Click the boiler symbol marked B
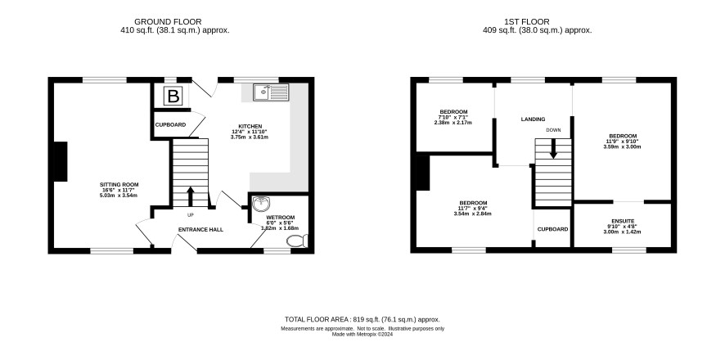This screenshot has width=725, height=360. coord(173,97)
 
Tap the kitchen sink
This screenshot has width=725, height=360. coord(271,92)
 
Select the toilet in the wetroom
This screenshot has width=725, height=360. coord(297,241)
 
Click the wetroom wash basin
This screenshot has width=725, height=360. coord(262,204)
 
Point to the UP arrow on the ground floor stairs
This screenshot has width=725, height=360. coord(190,196)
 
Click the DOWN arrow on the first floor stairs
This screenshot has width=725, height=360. coord(553,149)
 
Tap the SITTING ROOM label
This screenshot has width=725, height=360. coord(120,184)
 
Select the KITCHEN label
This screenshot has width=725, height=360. coord(250,126)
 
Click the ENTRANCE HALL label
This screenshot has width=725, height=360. coord(200,229)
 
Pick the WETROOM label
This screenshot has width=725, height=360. coord(281,217)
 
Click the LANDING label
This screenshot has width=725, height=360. coord(534,119)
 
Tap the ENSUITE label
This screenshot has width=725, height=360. coord(623,221)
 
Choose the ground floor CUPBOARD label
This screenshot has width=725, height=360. coord(171,125)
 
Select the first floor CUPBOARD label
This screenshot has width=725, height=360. coord(552,229)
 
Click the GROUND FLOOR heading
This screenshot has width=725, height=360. coord(168,22)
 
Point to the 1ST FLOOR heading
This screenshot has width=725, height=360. coord(527,22)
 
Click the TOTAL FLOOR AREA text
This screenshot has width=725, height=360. coord(362,319)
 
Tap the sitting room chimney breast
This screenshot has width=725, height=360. coord(61,161)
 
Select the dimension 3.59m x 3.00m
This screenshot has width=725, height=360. coord(622,147)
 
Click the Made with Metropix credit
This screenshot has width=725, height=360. coord(362,334)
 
